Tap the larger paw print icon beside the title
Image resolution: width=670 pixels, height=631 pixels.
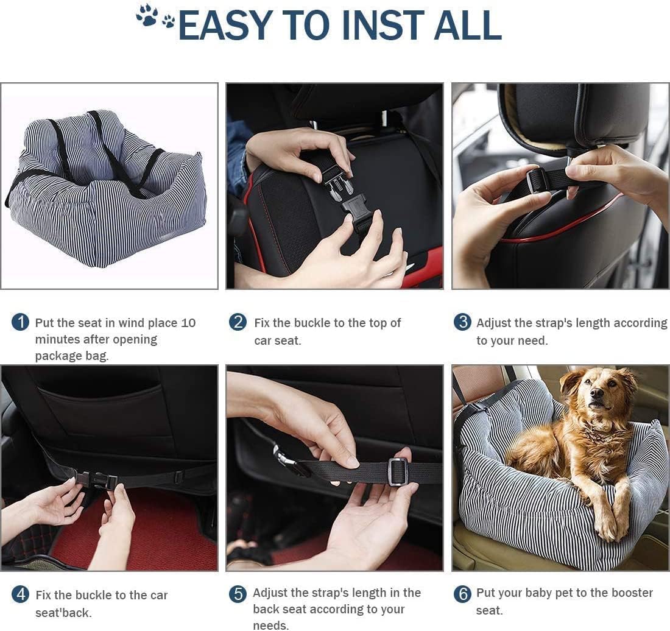point(147,15)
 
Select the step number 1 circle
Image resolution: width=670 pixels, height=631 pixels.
point(20,322)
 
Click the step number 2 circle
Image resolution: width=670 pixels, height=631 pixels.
point(238,322)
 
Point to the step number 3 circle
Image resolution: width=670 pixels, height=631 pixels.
point(462,322)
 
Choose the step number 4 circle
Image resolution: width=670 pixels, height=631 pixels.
point(20,594)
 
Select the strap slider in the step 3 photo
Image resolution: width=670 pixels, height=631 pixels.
point(538,180)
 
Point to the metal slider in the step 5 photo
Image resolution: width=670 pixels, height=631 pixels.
point(398,471)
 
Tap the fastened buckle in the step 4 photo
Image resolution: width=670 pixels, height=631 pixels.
point(97,481)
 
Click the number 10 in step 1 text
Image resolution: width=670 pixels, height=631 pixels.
point(188,323)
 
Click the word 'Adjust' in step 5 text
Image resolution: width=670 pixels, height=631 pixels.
point(272,593)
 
